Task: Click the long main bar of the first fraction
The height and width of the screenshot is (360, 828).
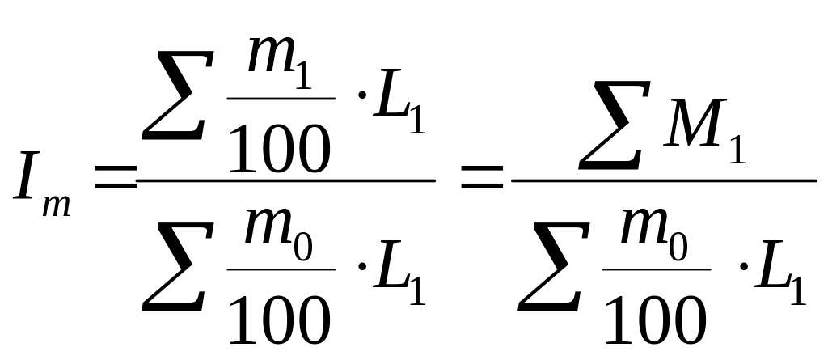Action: (287, 180)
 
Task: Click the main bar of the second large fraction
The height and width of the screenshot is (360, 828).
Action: (663, 180)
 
